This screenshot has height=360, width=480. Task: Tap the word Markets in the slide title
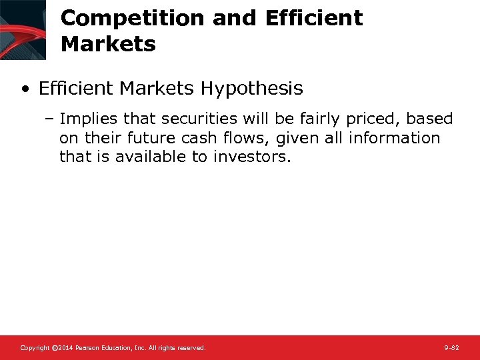coord(108,45)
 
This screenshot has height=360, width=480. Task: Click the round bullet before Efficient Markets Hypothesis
coord(25,89)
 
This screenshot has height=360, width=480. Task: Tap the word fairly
coord(317,119)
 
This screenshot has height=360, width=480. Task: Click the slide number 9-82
coord(451,348)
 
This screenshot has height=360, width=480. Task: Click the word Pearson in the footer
coord(89,348)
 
